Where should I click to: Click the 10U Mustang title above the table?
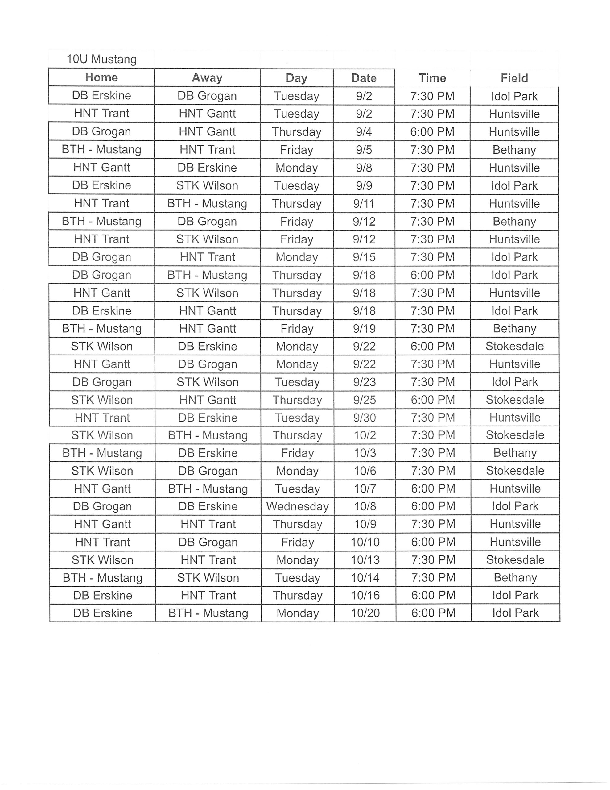[101, 59]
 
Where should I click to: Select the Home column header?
[101, 77]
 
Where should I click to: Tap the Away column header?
[207, 78]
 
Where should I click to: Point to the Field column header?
[514, 78]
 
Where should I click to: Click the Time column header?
[432, 78]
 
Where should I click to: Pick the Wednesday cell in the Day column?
[297, 506]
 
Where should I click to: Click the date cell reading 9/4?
[364, 132]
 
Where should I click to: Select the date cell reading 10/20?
[365, 613]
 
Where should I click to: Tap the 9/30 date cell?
[365, 418]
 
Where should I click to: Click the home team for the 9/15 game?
[101, 257]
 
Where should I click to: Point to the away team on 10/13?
[208, 560]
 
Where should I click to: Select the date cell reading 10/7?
[365, 489]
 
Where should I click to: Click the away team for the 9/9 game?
[207, 185]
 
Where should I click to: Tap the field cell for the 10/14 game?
[515, 578]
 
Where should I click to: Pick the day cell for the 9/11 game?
[296, 204]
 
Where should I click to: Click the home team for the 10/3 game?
[102, 453]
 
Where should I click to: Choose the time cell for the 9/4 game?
[432, 132]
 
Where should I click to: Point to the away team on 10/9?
[208, 524]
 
